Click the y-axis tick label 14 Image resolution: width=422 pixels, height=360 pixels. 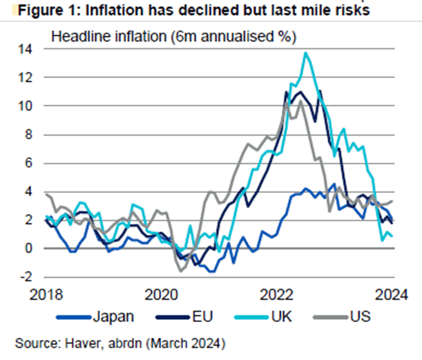pyautogui.click(x=26, y=50)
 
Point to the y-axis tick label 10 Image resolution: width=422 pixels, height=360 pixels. pyautogui.click(x=26, y=106)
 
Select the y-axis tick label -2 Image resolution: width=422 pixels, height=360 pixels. pyautogui.click(x=26, y=276)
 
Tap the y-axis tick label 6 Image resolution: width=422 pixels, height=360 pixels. pyautogui.click(x=28, y=163)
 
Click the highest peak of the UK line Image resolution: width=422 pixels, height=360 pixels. pyautogui.click(x=306, y=53)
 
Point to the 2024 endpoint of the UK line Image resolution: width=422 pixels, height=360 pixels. pyautogui.click(x=393, y=236)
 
